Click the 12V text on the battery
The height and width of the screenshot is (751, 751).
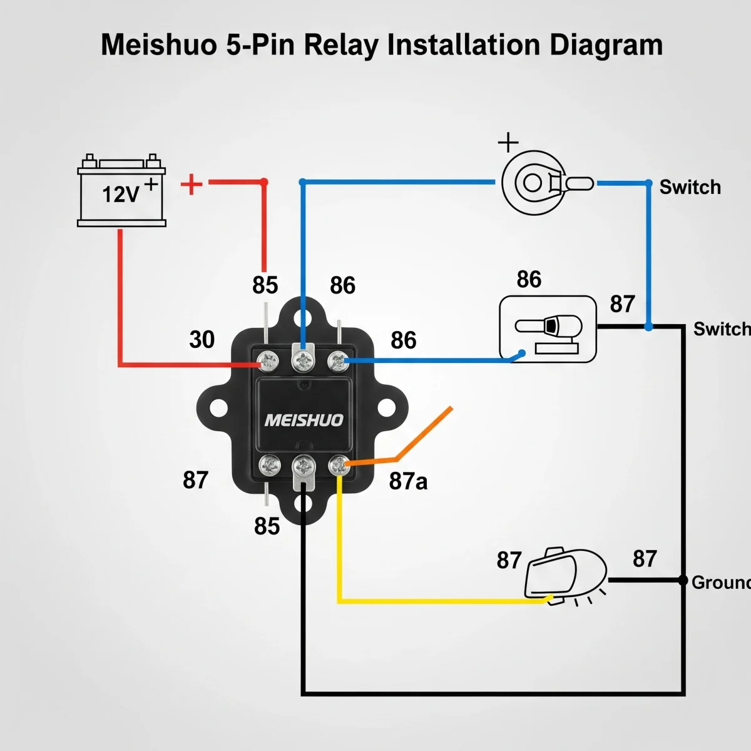coord(120,194)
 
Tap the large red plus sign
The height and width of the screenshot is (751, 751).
coord(192,185)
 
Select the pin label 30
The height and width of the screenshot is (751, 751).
coord(202,339)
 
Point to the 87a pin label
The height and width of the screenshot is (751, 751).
coord(408,481)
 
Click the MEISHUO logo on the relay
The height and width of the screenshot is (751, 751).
coord(304,420)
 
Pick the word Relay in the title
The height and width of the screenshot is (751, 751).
coord(341,46)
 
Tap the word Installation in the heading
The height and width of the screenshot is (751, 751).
coord(464,45)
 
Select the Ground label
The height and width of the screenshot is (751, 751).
coord(721,583)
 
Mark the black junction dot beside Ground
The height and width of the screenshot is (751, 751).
coord(683,580)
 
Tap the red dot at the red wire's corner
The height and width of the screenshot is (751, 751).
coord(264,182)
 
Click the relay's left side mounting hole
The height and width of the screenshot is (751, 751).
coord(218,408)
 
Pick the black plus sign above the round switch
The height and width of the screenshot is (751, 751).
coord(508,142)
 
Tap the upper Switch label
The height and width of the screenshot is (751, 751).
coord(690,187)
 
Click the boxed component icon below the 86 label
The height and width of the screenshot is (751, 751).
coord(548,329)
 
